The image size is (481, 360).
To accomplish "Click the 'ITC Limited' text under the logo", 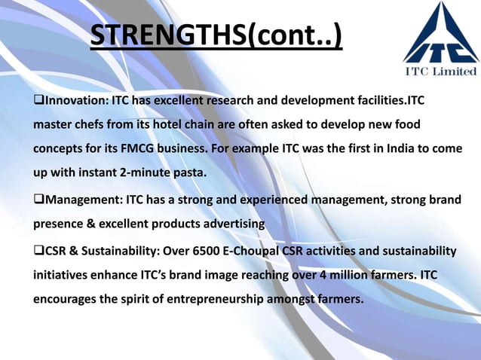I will tap(441, 72).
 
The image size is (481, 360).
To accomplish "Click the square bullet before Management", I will tap(38, 200).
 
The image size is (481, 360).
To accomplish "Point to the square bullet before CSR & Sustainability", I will tap(38, 250).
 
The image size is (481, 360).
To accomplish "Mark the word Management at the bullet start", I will tap(80, 200).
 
